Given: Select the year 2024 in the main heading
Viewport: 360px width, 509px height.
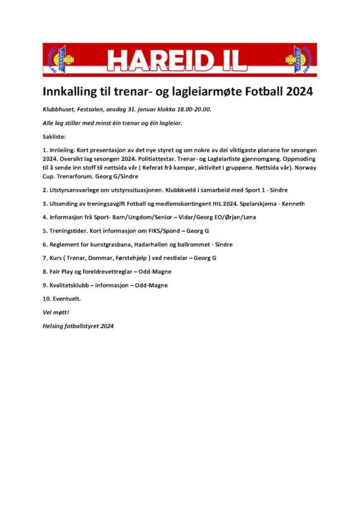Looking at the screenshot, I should [297, 92].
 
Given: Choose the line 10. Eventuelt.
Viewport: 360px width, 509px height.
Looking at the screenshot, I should [62, 299].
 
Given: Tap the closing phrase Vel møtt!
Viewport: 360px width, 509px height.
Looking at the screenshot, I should [55, 313].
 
